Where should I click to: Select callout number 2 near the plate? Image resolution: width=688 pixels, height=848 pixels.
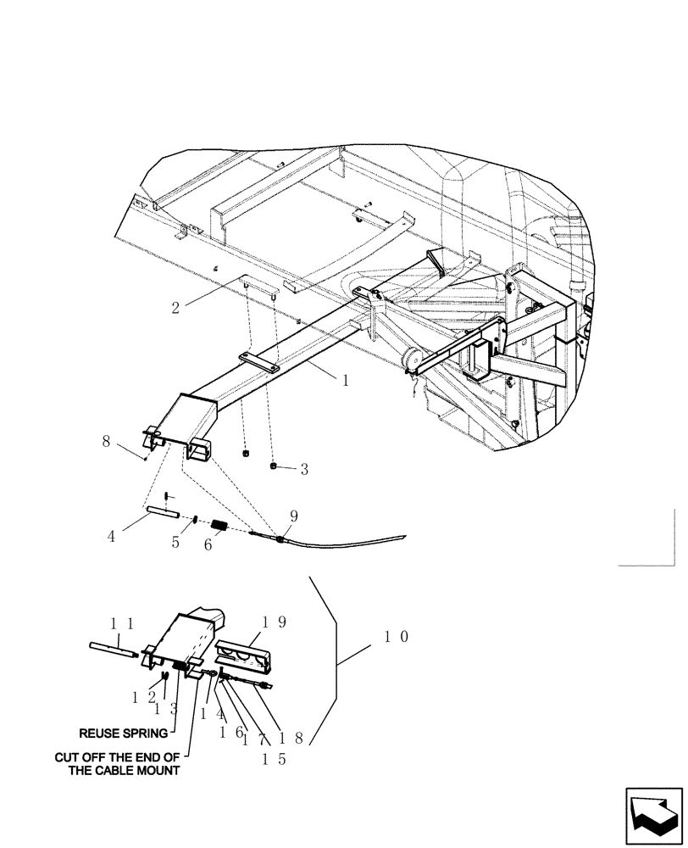click(176, 308)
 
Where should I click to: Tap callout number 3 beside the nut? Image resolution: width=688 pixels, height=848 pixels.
click(303, 467)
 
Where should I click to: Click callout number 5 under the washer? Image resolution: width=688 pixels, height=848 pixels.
click(176, 543)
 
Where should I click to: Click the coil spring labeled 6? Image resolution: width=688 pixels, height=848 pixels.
click(218, 526)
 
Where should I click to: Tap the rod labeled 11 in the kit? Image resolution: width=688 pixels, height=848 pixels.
click(114, 649)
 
